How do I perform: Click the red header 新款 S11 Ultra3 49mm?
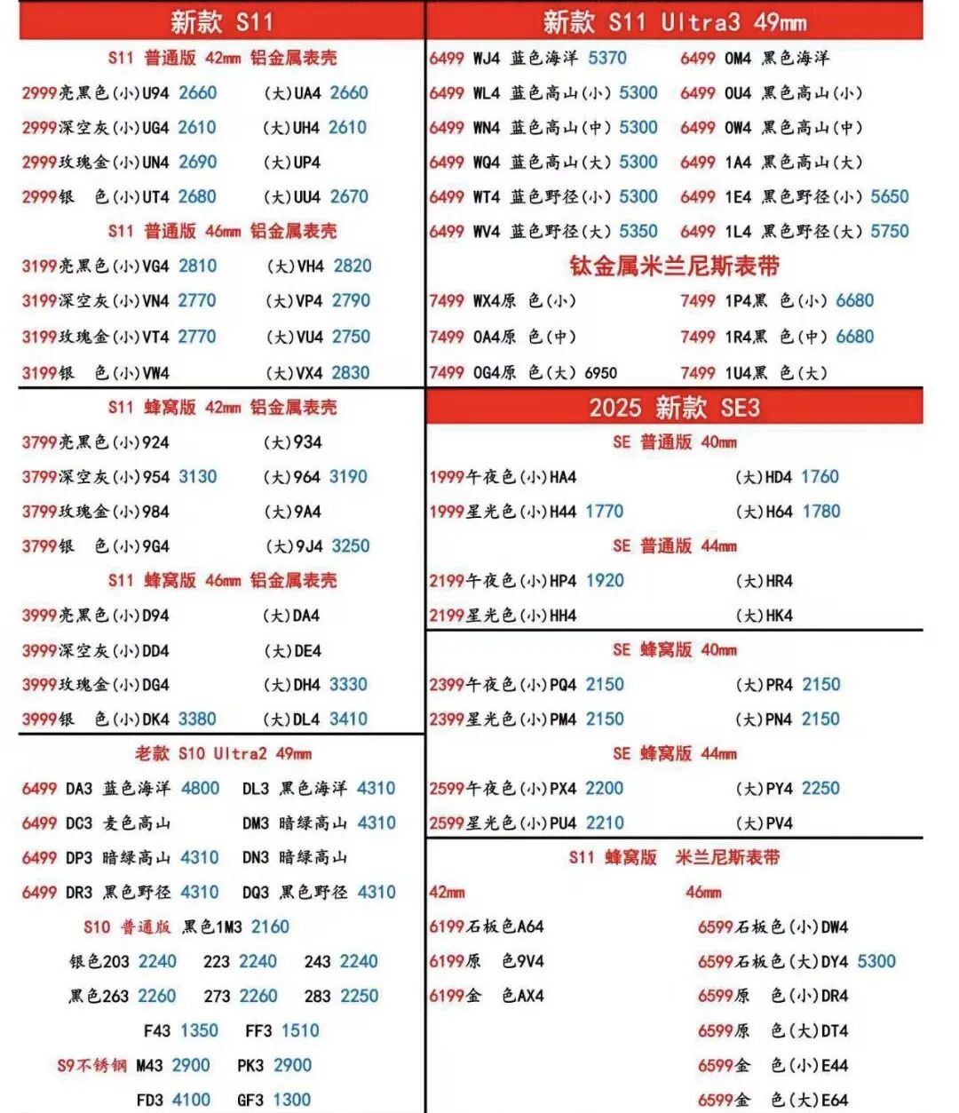click(674, 21)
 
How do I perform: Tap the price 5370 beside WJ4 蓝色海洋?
click(607, 59)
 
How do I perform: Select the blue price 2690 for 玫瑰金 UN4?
click(197, 163)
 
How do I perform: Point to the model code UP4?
click(307, 163)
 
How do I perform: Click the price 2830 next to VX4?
click(351, 373)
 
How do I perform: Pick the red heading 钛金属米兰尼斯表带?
click(674, 266)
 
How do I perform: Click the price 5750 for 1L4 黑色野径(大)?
click(890, 232)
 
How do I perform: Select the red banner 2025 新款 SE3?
click(674, 408)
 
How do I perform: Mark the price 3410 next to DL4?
click(348, 719)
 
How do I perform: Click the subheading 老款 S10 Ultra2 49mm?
click(223, 754)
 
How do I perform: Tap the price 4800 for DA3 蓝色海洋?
click(200, 789)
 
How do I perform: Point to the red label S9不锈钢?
click(91, 1066)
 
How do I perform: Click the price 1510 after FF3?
click(300, 1031)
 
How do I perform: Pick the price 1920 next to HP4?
click(605, 581)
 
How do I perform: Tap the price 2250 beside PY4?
click(820, 789)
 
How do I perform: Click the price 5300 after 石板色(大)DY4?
click(876, 962)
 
